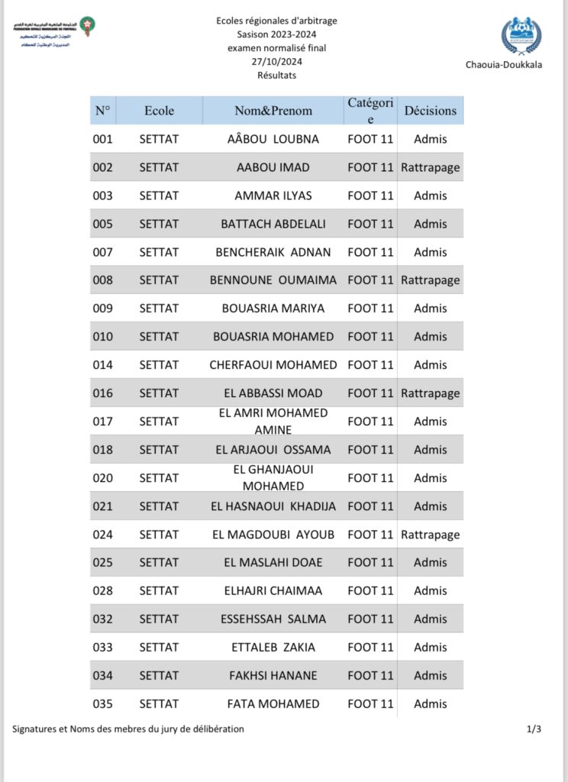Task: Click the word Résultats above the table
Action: (x=276, y=76)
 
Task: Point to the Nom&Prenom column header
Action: (x=273, y=111)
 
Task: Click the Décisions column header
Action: (x=430, y=111)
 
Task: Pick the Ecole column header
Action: (x=159, y=111)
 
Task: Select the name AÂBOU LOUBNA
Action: (x=273, y=139)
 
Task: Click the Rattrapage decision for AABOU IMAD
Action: (x=430, y=167)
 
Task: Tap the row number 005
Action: (x=102, y=224)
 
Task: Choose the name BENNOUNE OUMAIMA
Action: (x=273, y=280)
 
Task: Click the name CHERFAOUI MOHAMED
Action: (x=273, y=365)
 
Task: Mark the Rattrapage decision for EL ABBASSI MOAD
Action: (x=430, y=393)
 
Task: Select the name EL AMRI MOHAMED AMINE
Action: (x=273, y=422)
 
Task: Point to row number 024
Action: (x=102, y=535)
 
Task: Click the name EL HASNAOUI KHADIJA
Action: (x=273, y=506)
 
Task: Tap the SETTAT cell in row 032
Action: (x=159, y=619)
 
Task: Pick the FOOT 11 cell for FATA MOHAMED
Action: (x=370, y=704)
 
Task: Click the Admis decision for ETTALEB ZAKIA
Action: (x=430, y=648)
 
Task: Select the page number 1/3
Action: (x=534, y=729)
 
